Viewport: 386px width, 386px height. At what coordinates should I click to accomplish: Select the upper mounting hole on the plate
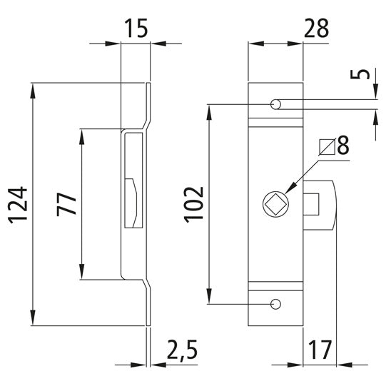(275, 105)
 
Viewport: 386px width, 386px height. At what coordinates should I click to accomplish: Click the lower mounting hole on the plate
(275, 305)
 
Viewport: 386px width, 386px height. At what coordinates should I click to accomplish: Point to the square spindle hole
(274, 203)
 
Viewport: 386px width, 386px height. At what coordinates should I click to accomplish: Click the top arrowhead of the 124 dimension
(33, 88)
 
